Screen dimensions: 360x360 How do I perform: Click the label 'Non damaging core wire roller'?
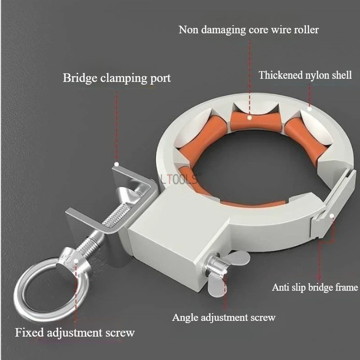click(248, 30)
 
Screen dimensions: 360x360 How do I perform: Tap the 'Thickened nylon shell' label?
click(305, 75)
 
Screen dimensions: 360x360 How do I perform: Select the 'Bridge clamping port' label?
click(117, 78)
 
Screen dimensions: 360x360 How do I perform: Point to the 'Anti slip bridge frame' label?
click(315, 287)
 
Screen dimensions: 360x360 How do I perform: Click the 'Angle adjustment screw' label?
click(224, 318)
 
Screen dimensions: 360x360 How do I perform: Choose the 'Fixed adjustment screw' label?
click(75, 333)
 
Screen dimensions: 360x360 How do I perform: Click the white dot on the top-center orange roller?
click(249, 118)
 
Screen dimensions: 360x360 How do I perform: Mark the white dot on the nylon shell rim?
click(309, 108)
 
